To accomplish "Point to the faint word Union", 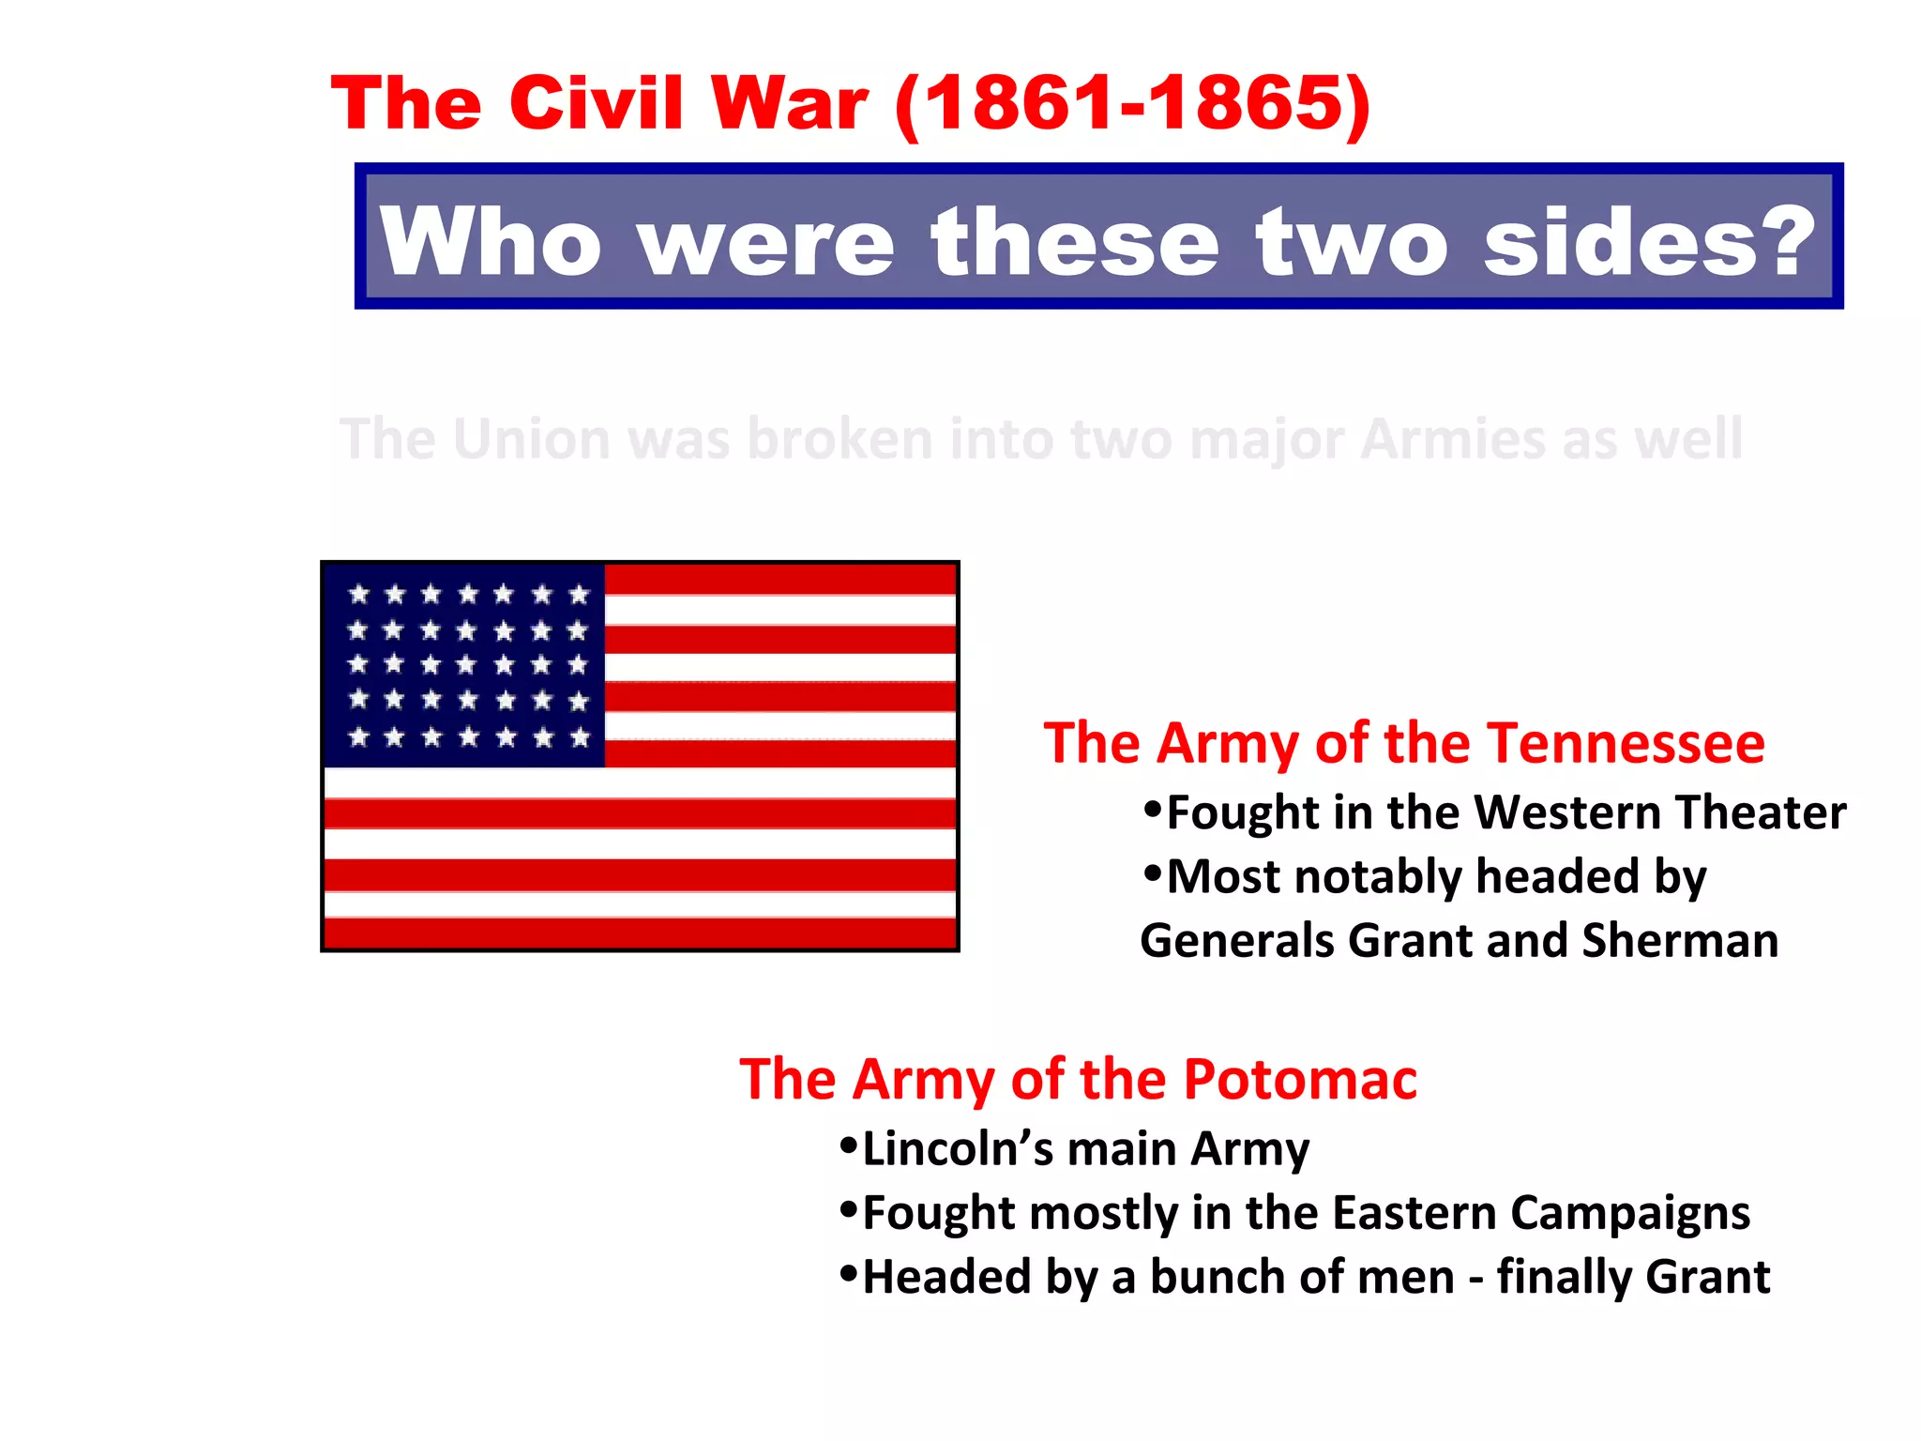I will pos(530,439).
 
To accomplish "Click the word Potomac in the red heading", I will pos(1300,1079).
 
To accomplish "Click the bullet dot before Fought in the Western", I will pos(1153,809).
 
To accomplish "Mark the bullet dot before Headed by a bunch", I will pos(849,1273).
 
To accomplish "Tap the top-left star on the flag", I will pos(358,594).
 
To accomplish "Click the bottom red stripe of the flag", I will pos(640,933).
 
